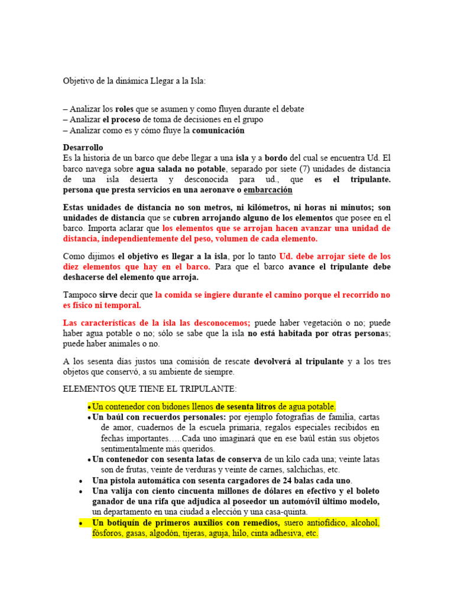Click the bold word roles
click(124, 109)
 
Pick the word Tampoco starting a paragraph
click(79, 295)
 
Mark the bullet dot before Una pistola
click(80, 481)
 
